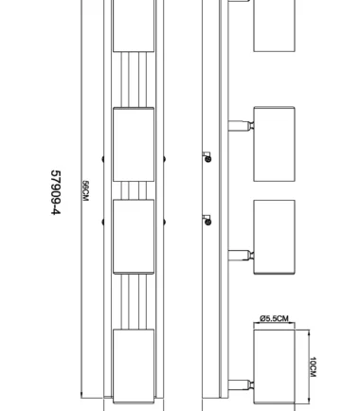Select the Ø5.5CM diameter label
pos(274,319)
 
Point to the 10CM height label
pos(313,366)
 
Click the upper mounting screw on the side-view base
pos(207,159)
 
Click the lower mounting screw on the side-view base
pos(207,221)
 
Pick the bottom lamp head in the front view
pos(134,366)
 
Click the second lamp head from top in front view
pos(134,144)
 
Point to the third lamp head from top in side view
pos(274,237)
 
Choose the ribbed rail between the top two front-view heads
pos(134,80)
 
